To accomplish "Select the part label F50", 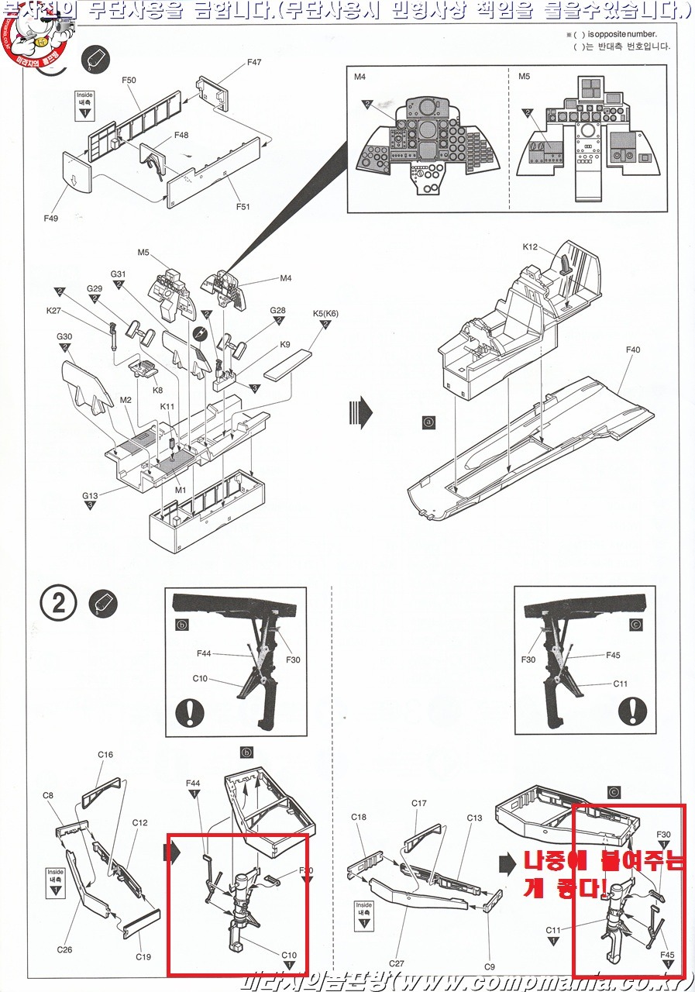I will [x=129, y=81].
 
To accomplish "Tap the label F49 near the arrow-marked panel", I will [x=51, y=219].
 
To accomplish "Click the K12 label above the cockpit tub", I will [x=530, y=247].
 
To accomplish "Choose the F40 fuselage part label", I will [x=633, y=350].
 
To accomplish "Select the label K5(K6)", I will [x=325, y=314].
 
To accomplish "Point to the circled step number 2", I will [x=58, y=604].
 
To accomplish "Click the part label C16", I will [x=105, y=755].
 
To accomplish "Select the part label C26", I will [x=65, y=949].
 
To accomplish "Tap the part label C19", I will [x=143, y=956].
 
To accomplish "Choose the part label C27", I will [x=396, y=963].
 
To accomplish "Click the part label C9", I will [x=490, y=966].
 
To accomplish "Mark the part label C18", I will [x=359, y=817].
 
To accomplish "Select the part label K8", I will [x=159, y=390].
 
